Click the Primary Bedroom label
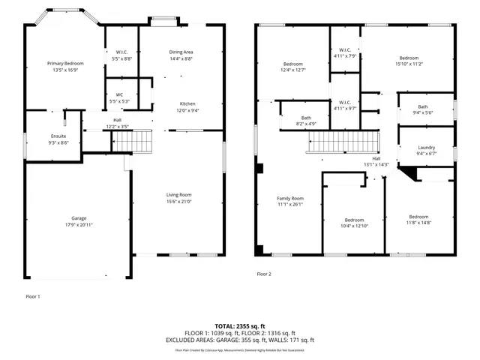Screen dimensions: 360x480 tap(65, 64)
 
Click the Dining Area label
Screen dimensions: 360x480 tap(182, 52)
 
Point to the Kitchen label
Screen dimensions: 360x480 tap(187, 103)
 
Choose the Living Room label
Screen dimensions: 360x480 tap(178, 195)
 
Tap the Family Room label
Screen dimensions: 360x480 tap(289, 198)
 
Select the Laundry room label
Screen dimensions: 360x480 tap(426, 147)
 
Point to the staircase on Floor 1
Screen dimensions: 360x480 tap(137, 139)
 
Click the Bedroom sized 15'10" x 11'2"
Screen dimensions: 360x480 tap(409, 58)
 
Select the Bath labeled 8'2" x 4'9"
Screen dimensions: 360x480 tap(306, 118)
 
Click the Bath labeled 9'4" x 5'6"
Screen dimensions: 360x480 tap(423, 106)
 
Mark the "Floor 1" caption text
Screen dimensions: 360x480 tap(33, 297)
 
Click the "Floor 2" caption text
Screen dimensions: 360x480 tap(264, 274)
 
